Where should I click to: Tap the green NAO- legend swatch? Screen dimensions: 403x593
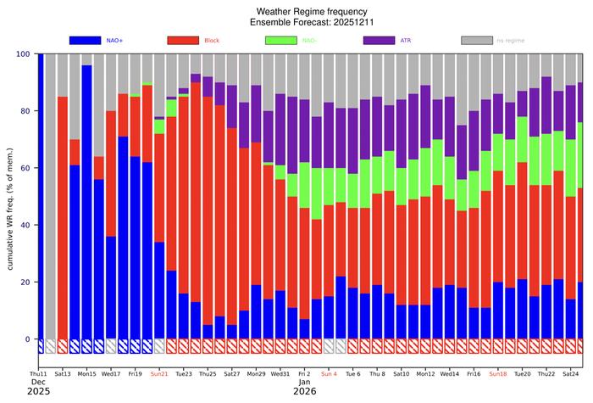[286, 40]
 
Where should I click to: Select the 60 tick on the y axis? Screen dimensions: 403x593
[25, 168]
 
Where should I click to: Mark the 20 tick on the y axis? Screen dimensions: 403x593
[25, 283]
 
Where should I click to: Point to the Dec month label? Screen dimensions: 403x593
[38, 383]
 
